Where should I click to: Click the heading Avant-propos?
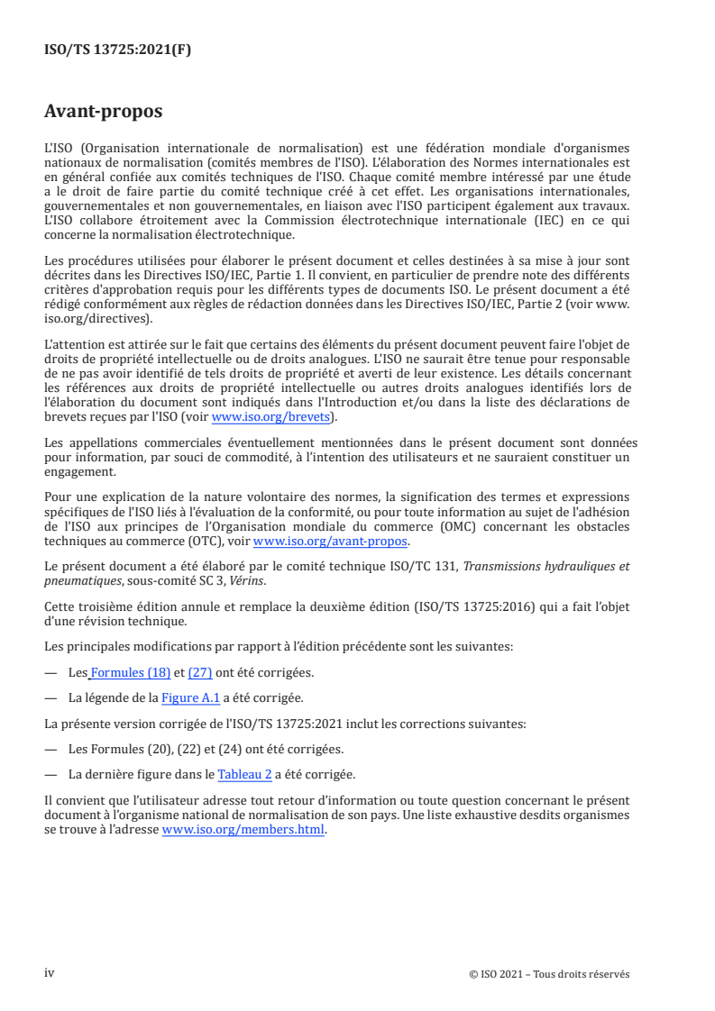[x=103, y=112]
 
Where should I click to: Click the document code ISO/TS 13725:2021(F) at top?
[x=117, y=50]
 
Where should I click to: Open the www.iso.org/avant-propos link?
[x=331, y=542]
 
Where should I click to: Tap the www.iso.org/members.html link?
[x=243, y=832]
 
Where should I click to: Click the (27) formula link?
[x=199, y=672]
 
